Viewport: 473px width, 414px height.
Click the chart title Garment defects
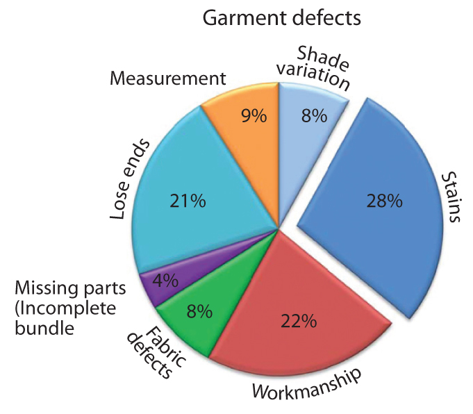coord(281,18)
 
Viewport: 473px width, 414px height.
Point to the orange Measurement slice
coord(243,125)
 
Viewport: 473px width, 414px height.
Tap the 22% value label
coord(299,321)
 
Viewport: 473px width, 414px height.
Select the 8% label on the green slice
coord(200,312)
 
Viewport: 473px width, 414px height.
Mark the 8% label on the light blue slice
coord(314,116)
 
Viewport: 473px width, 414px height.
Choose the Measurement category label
coord(168,78)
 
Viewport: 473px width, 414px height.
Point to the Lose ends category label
coord(130,179)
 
